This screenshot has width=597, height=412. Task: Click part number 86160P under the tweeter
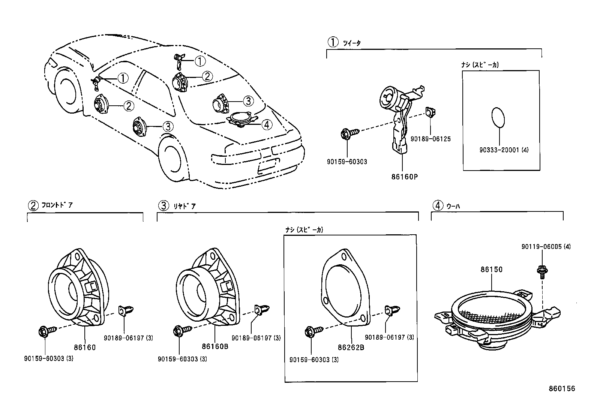pos(404,176)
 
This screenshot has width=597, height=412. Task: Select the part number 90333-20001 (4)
pos(504,150)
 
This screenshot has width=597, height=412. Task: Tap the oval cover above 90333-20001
pos(498,117)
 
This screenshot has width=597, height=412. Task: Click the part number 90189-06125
pos(430,139)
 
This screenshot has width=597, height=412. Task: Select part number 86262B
pos(351,347)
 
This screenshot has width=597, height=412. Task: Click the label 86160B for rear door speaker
pos(215,346)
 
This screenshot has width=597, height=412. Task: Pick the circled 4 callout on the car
pos(267,124)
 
